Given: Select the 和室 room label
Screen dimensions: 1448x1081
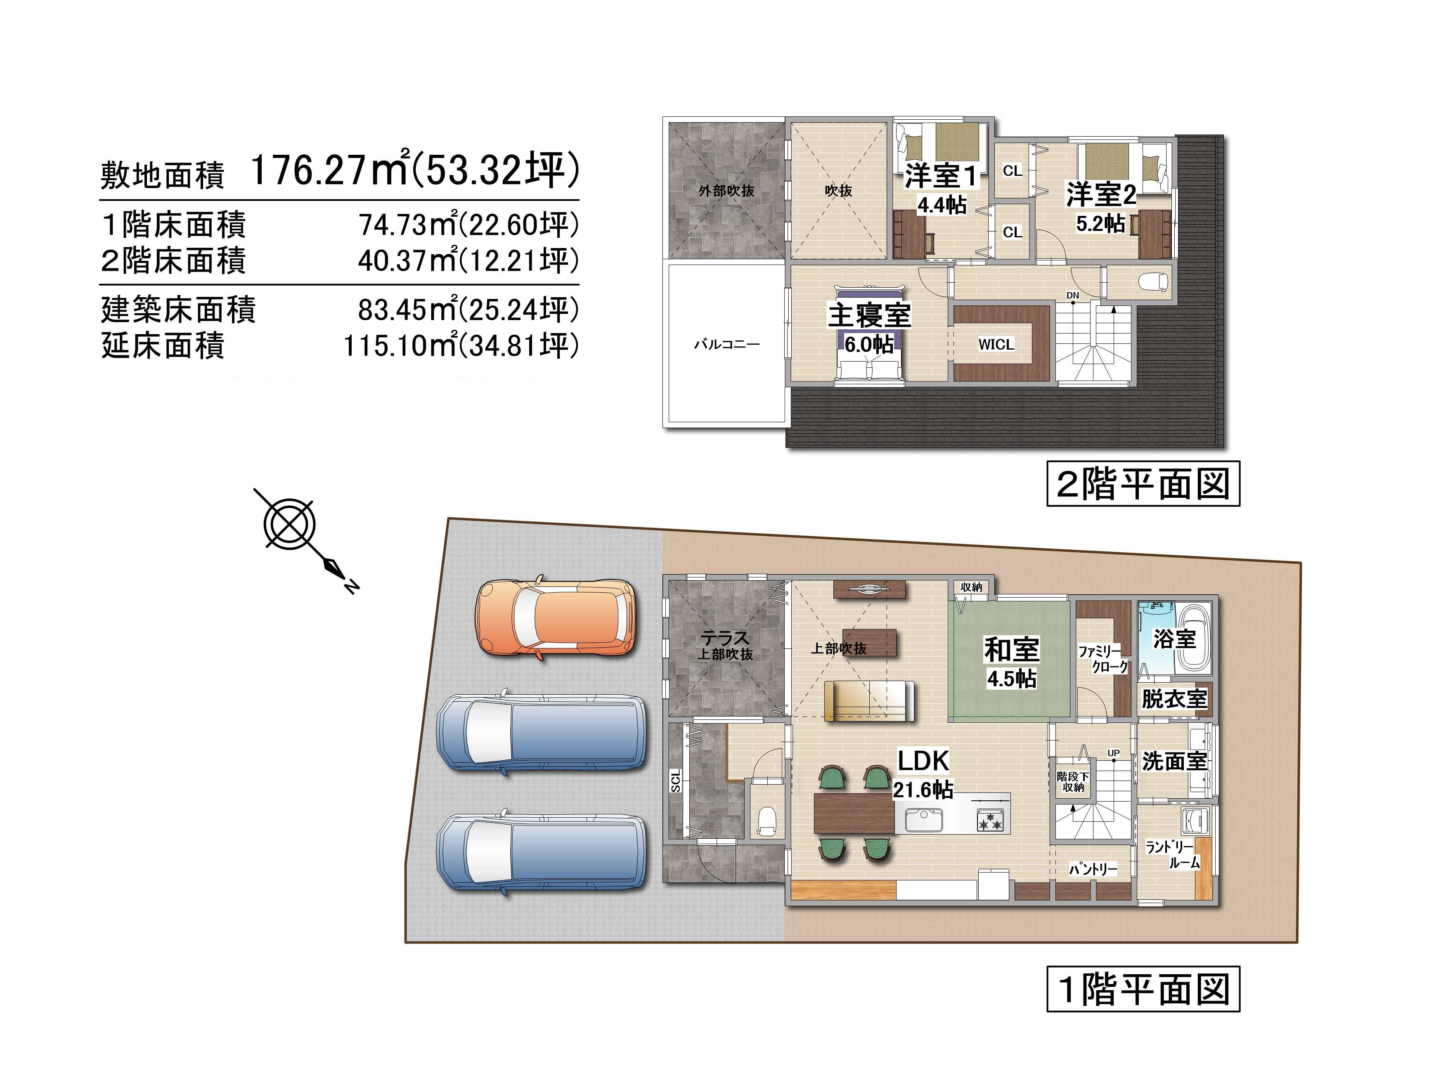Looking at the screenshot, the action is pos(1012,650).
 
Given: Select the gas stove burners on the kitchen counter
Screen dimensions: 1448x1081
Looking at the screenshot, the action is pos(990,820).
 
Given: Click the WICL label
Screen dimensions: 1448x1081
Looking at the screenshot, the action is pos(996,344).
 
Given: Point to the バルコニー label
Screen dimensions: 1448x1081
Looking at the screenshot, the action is pos(727,344).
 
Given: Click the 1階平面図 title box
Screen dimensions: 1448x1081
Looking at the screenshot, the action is pos(1143,989).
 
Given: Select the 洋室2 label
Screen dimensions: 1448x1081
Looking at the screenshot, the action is pos(1101,194).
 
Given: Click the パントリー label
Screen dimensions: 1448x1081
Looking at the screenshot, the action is pos(1093,869).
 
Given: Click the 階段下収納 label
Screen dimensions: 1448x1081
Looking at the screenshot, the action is pos(1073,781).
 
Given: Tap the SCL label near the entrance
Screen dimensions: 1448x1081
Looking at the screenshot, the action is pos(676,780).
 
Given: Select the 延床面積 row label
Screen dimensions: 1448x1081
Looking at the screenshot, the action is pos(163,345).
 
